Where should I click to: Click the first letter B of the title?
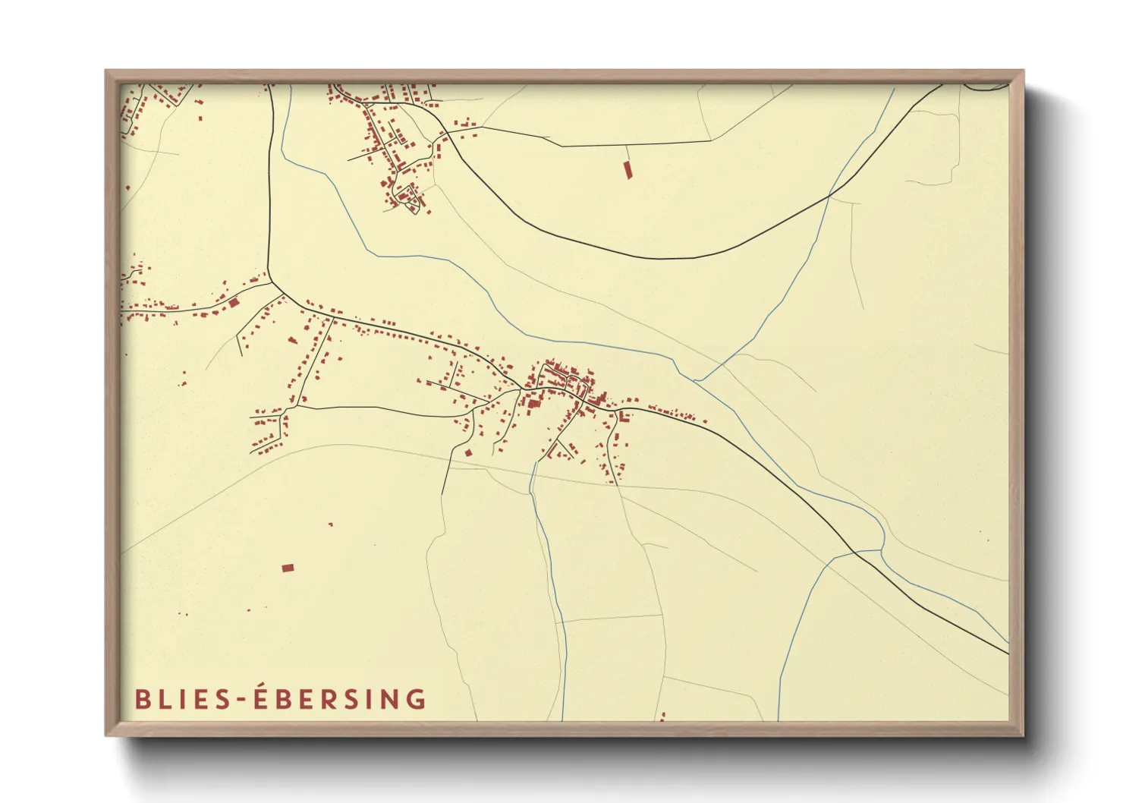[x=142, y=699]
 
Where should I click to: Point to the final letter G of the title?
[x=417, y=699]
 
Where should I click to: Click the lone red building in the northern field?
[x=628, y=170]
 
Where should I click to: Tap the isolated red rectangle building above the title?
[x=288, y=568]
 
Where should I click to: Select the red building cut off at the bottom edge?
[x=662, y=716]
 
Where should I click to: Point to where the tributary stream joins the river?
[x=695, y=379]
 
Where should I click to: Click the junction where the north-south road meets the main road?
[x=271, y=282]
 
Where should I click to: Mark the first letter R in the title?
[x=325, y=699]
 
